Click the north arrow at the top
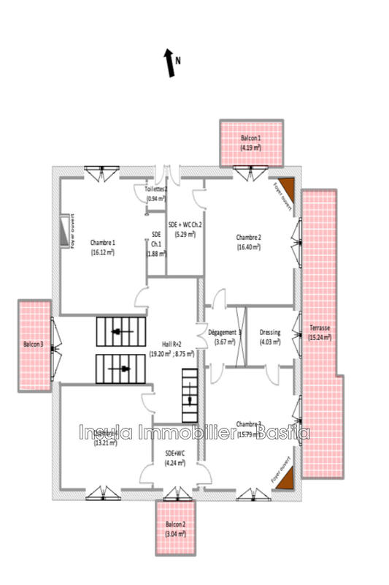[170, 64]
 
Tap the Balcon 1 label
[250, 138]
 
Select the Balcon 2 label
[174, 525]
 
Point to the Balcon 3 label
[33, 344]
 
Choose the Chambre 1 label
[103, 242]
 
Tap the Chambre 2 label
[249, 237]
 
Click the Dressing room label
[270, 332]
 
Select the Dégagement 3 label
[225, 332]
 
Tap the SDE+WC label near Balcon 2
[175, 453]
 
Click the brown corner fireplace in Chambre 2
[284, 188]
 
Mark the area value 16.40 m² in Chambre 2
[249, 247]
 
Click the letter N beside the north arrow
[178, 61]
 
